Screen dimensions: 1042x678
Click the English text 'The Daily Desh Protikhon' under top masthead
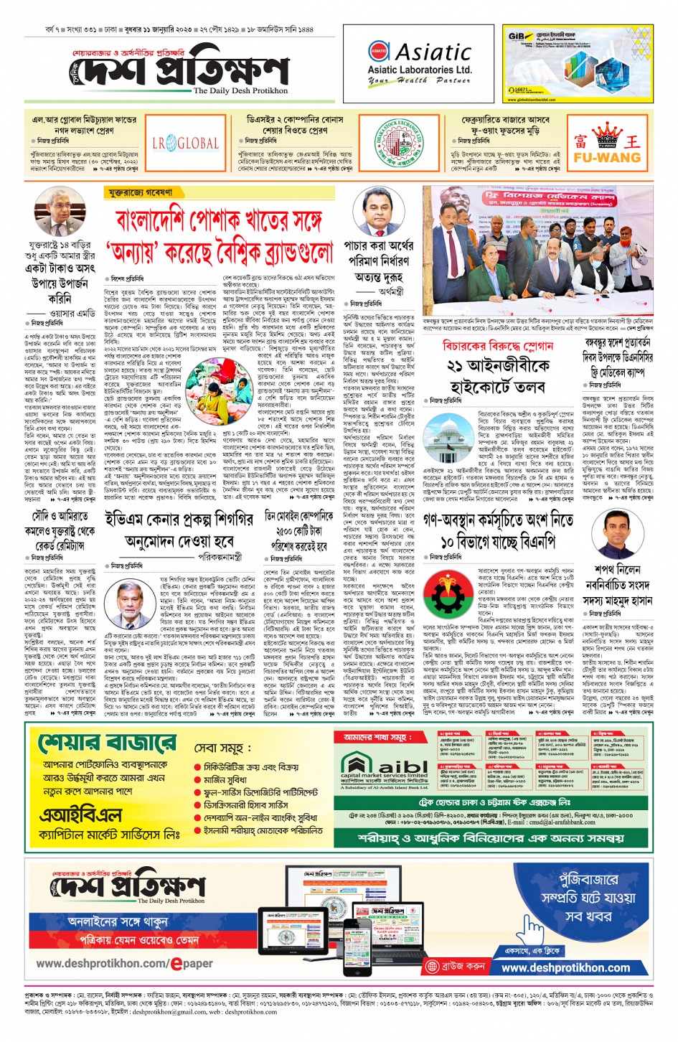(240, 91)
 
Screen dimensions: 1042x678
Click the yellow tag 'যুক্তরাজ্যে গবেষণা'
(141, 193)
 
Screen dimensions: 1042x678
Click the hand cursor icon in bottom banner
(532, 930)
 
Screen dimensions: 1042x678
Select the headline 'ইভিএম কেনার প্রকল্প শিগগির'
(179, 519)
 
